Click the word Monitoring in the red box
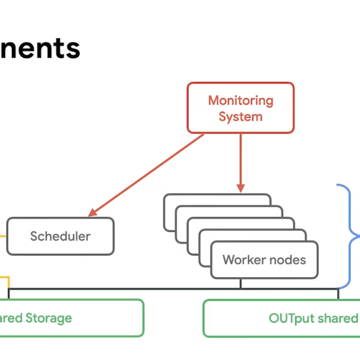click(240, 101)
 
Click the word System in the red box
click(240, 116)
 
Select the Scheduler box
click(60, 236)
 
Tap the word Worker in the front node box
click(243, 260)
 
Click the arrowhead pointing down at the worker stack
click(240, 188)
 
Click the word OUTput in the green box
click(291, 318)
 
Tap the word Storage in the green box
click(49, 318)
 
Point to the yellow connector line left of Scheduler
click(3, 236)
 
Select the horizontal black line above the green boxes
click(172, 289)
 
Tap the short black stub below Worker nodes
click(240, 283)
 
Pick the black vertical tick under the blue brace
click(338, 294)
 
